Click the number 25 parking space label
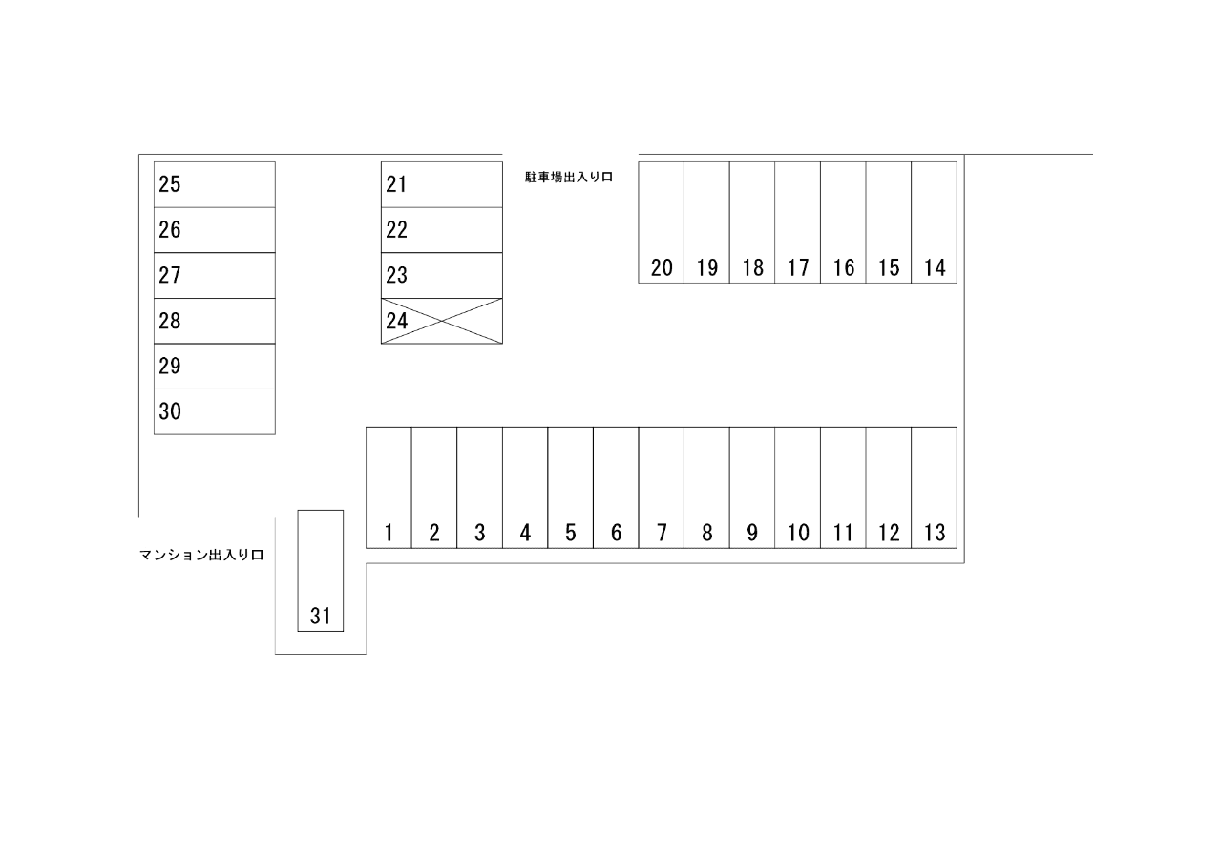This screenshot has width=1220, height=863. (x=170, y=184)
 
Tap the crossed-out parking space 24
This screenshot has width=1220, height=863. (x=441, y=321)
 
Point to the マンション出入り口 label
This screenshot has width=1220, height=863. (x=200, y=555)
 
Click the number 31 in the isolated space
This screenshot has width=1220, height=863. (x=320, y=617)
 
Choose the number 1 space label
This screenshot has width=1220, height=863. (x=389, y=534)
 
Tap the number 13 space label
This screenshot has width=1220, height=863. (x=935, y=534)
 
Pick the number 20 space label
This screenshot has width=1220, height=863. (x=662, y=268)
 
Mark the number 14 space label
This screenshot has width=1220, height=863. (x=935, y=268)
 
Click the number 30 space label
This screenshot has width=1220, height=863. (x=170, y=412)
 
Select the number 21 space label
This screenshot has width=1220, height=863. (x=397, y=184)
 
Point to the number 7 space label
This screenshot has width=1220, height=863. (x=662, y=534)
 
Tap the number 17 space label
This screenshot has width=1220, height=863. (x=798, y=268)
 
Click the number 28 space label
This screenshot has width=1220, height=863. (x=170, y=321)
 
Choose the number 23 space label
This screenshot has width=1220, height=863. (x=397, y=276)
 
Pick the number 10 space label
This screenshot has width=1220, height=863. (x=798, y=534)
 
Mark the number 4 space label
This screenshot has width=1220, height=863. (x=525, y=534)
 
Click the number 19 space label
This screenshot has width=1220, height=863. (x=707, y=268)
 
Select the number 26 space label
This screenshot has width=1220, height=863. (x=170, y=230)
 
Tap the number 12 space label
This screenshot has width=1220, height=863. (x=889, y=534)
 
